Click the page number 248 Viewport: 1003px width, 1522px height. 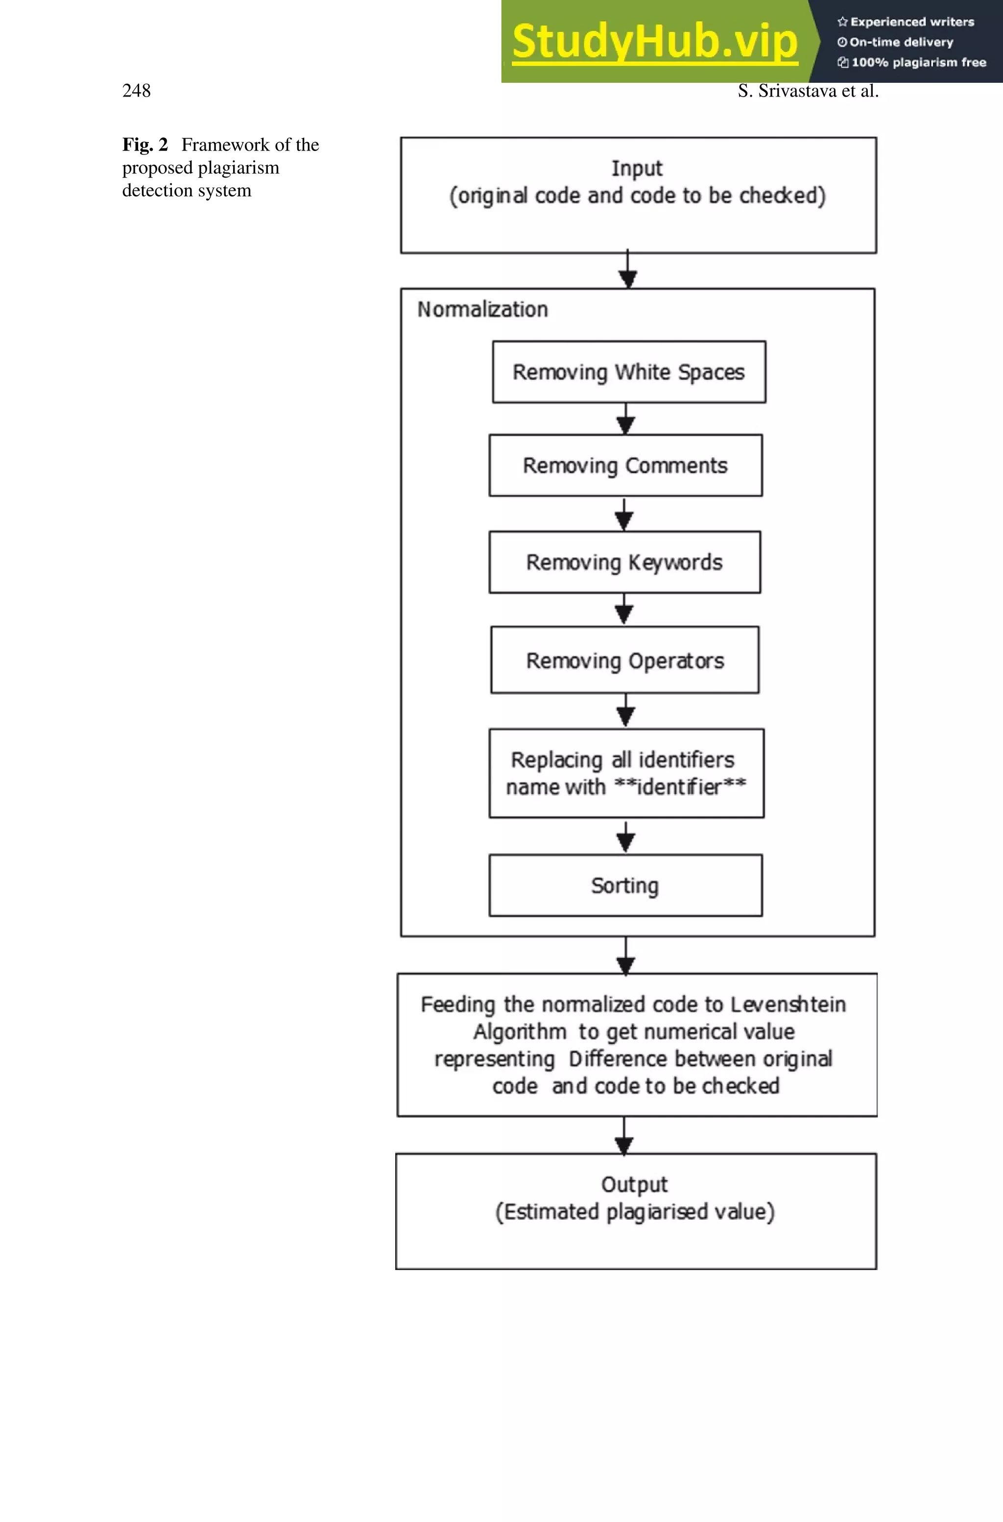pos(136,91)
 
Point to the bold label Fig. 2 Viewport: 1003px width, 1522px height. pos(144,145)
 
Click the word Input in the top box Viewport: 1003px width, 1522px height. pos(637,168)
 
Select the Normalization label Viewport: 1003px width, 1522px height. pos(482,310)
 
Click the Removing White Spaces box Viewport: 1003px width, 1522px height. pos(628,372)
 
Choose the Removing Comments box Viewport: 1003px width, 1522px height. pos(625,465)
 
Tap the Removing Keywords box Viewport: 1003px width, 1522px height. pos(624,562)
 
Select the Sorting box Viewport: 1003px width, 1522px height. pos(625,885)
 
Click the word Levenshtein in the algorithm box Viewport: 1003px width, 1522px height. pos(788,1004)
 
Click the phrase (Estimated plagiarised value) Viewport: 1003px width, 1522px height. pos(635,1212)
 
